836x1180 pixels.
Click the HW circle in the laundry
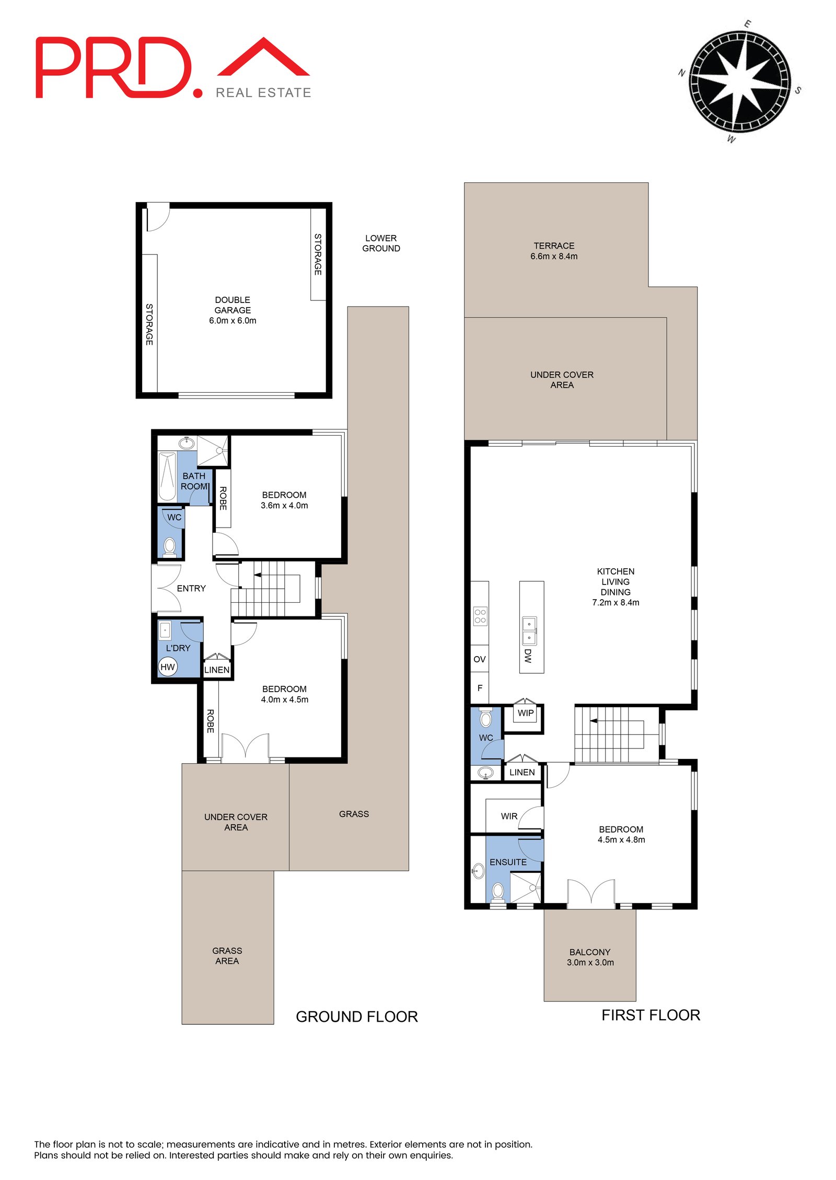tap(168, 667)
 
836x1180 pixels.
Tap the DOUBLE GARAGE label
tap(233, 305)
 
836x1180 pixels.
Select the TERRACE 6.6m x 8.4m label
tap(554, 251)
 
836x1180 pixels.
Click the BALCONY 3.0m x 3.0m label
tap(590, 957)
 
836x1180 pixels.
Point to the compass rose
tap(739, 82)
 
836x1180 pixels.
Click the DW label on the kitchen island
tap(528, 656)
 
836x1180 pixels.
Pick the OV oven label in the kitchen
tap(479, 659)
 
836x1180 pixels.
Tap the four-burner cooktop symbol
tap(480, 616)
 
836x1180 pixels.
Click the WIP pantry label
tap(526, 713)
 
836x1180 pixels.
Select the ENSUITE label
tap(508, 862)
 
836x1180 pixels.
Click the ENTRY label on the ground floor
tap(191, 588)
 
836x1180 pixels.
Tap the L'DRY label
tap(178, 648)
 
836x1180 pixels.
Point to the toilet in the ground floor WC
tap(169, 546)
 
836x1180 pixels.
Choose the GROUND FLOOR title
tap(357, 1017)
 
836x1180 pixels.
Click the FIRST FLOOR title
tap(651, 1015)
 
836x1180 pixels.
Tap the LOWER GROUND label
tap(381, 243)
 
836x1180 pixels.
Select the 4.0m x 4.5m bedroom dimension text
tap(285, 699)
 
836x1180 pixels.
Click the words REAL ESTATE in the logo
tap(263, 92)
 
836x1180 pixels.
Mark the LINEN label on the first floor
tap(522, 772)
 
